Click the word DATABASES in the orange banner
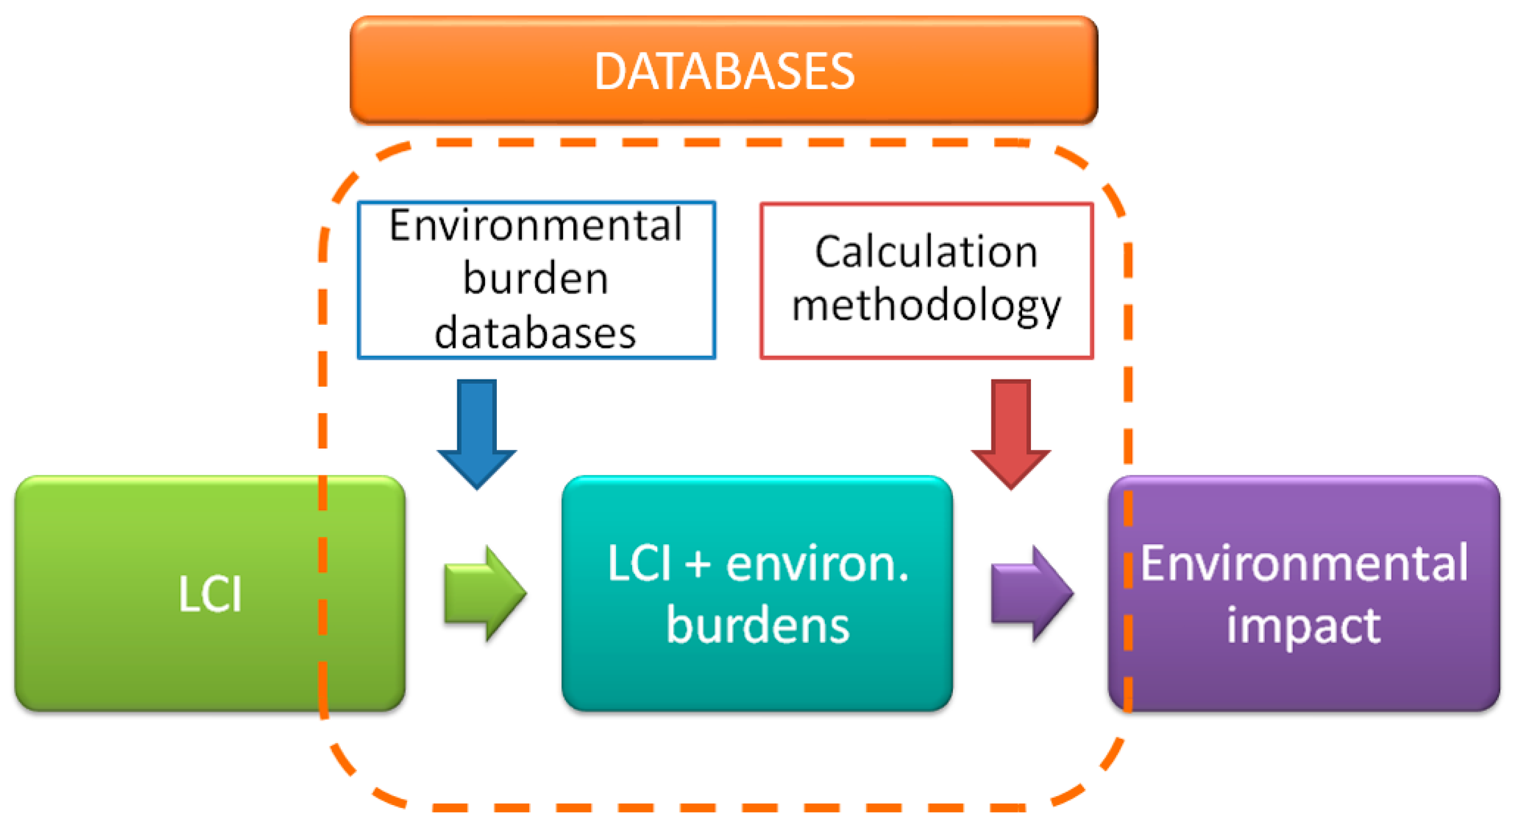tap(724, 71)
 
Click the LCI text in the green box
tap(210, 594)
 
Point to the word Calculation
tap(926, 252)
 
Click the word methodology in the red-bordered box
tap(926, 306)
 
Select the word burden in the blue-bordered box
tap(536, 279)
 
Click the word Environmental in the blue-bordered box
tap(536, 225)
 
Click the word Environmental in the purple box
tap(1303, 563)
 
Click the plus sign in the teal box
tap(698, 563)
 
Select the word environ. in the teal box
tap(818, 563)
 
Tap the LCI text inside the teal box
tap(639, 563)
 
